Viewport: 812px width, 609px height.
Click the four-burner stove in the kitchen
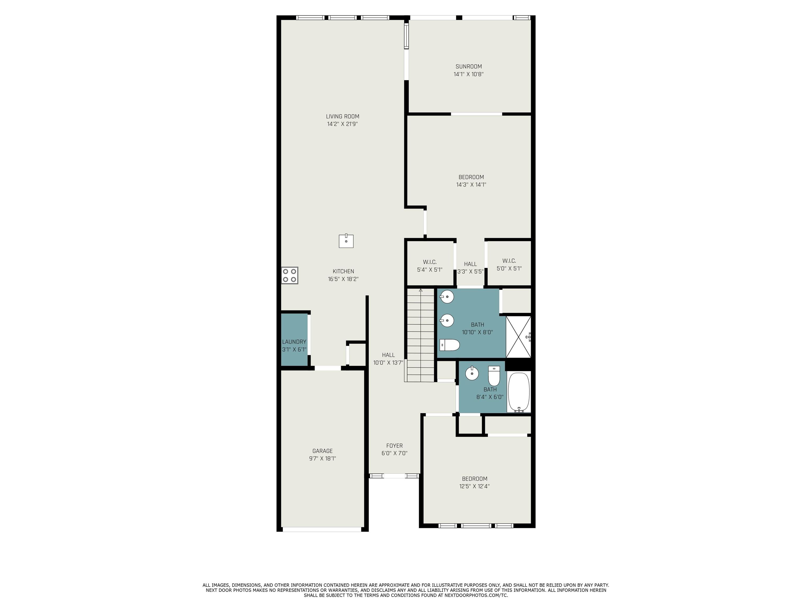290,275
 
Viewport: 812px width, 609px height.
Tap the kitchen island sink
346,241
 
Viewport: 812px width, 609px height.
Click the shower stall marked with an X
519,337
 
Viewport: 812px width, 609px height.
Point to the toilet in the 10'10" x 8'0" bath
450,345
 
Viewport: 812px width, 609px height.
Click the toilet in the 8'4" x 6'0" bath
494,376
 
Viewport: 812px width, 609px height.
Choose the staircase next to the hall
420,335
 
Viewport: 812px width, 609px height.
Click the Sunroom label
469,66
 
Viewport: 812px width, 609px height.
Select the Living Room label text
343,116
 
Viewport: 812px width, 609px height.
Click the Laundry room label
294,342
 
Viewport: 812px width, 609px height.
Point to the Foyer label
395,446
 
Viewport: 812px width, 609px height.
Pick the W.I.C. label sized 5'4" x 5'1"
430,266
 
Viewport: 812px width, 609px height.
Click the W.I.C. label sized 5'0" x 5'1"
509,265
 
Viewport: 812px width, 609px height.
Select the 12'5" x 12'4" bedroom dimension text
475,486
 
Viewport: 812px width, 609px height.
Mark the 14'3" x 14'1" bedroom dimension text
471,185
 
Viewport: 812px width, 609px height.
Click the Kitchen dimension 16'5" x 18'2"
343,279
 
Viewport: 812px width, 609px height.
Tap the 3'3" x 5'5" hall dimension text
470,272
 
